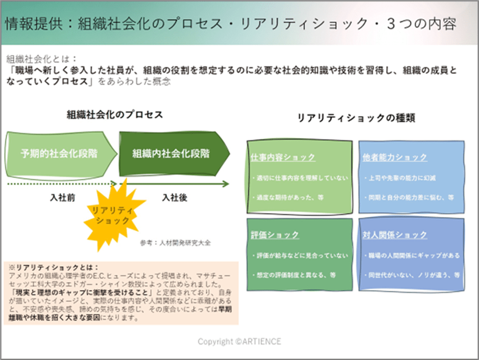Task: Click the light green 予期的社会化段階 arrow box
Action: [x=60, y=153]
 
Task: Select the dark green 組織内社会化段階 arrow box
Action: [x=171, y=153]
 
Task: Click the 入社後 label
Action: [x=174, y=198]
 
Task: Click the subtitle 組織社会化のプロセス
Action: [x=115, y=115]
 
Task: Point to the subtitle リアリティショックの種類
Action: [x=356, y=118]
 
